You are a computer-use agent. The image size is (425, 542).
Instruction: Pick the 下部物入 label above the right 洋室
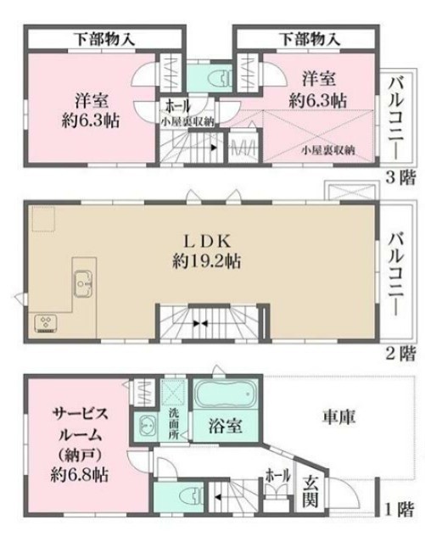pyautogui.click(x=309, y=38)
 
